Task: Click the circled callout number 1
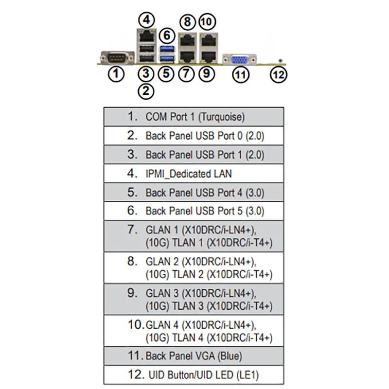coord(116,74)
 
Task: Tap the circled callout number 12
coord(278,75)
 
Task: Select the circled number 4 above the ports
coord(147,20)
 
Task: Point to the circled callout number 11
coord(240,75)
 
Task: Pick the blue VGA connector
coord(239,60)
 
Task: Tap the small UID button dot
coord(281,60)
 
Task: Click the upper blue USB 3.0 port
coord(167,50)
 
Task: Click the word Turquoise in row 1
coord(222,117)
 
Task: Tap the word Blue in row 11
coord(230,356)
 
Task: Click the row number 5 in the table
coord(132,192)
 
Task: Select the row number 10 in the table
coord(136,324)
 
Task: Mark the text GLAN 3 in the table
coord(162,293)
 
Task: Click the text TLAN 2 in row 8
coord(188,274)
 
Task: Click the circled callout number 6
coord(167,35)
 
